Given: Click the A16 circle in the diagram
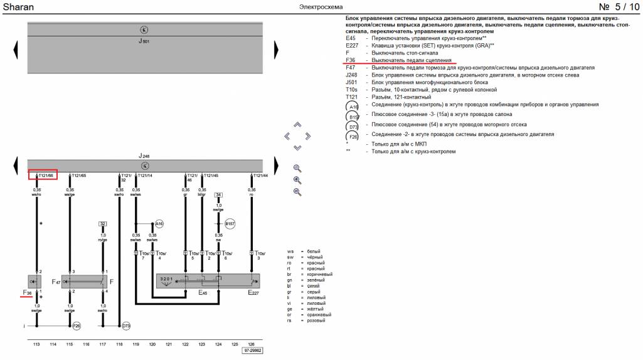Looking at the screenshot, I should tap(159, 223).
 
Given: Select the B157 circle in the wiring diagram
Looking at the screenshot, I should tap(230, 223).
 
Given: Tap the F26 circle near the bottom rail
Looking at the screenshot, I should tap(77, 326).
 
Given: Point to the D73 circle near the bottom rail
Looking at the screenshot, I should tap(126, 326).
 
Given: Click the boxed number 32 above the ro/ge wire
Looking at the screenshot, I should tap(103, 223).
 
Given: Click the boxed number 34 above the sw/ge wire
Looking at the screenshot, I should tap(218, 195).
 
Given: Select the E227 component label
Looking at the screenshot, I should tap(253, 292).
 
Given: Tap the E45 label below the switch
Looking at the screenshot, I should tap(203, 292).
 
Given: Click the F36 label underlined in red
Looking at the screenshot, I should tap(28, 292).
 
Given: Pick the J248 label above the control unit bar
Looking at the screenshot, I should tap(144, 156).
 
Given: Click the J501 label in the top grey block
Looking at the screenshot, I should tap(144, 41).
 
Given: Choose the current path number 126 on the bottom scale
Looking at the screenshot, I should tap(252, 344).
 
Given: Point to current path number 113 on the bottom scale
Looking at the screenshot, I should tap(36, 344).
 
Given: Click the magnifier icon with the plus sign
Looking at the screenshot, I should tap(297, 180).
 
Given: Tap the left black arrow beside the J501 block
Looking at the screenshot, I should tap(16, 48).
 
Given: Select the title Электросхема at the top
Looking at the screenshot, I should tap(321, 7).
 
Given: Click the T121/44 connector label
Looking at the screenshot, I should tap(260, 175).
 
